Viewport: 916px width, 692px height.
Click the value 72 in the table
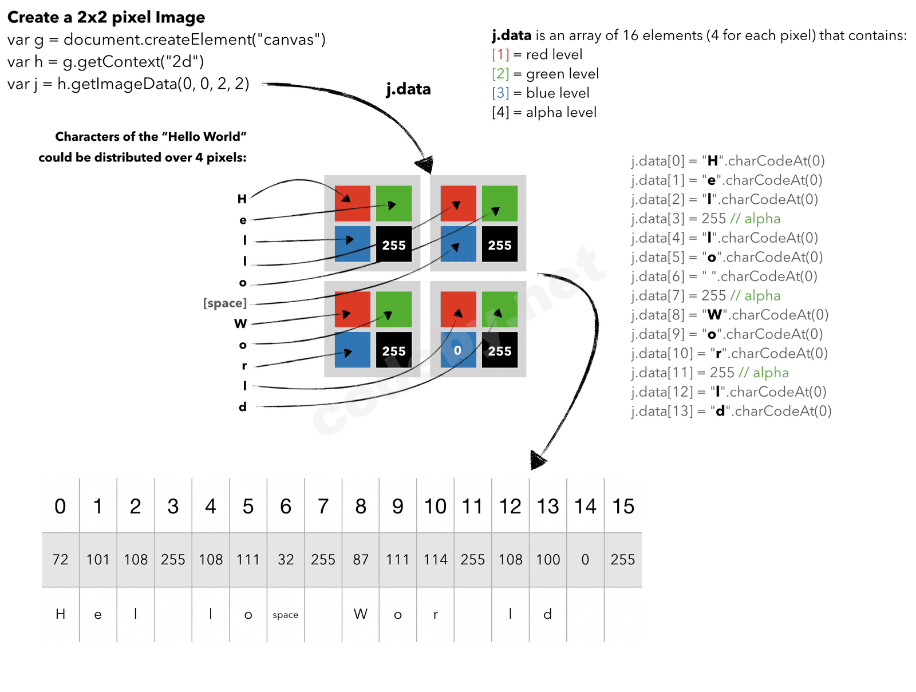(x=60, y=559)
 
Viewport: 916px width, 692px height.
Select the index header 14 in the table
(x=585, y=507)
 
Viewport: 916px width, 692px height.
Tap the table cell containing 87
(x=361, y=559)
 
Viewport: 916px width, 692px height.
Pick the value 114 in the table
(x=435, y=559)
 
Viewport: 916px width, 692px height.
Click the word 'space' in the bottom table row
(x=285, y=615)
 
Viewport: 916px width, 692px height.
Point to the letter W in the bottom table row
(x=361, y=614)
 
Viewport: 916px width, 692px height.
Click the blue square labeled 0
(x=458, y=350)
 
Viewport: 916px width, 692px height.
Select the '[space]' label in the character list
(x=225, y=303)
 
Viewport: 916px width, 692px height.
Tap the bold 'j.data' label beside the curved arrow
(x=408, y=89)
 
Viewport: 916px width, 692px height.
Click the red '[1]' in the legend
(x=500, y=54)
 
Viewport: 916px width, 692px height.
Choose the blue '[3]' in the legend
(x=500, y=93)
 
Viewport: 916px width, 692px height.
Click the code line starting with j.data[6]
(x=724, y=276)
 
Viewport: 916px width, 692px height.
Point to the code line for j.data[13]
(x=731, y=411)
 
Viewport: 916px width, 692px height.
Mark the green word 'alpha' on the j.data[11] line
(x=771, y=373)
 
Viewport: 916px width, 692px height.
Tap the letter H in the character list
(x=242, y=199)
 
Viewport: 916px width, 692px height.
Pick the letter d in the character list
(x=243, y=406)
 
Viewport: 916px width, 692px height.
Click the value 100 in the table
(x=548, y=559)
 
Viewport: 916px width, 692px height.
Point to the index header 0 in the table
(x=60, y=507)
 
